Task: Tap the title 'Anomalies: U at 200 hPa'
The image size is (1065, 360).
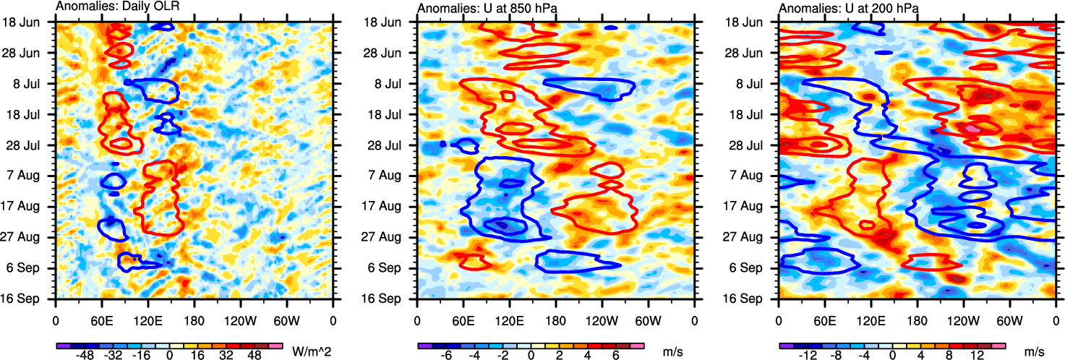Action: [x=839, y=7]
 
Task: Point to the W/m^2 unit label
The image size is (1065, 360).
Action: [x=308, y=352]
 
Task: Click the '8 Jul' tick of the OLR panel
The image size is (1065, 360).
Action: [x=35, y=84]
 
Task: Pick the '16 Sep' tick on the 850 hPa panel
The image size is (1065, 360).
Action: [x=393, y=299]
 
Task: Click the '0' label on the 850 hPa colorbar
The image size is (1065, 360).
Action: [x=531, y=356]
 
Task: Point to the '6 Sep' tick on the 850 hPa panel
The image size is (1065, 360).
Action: [x=396, y=268]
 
